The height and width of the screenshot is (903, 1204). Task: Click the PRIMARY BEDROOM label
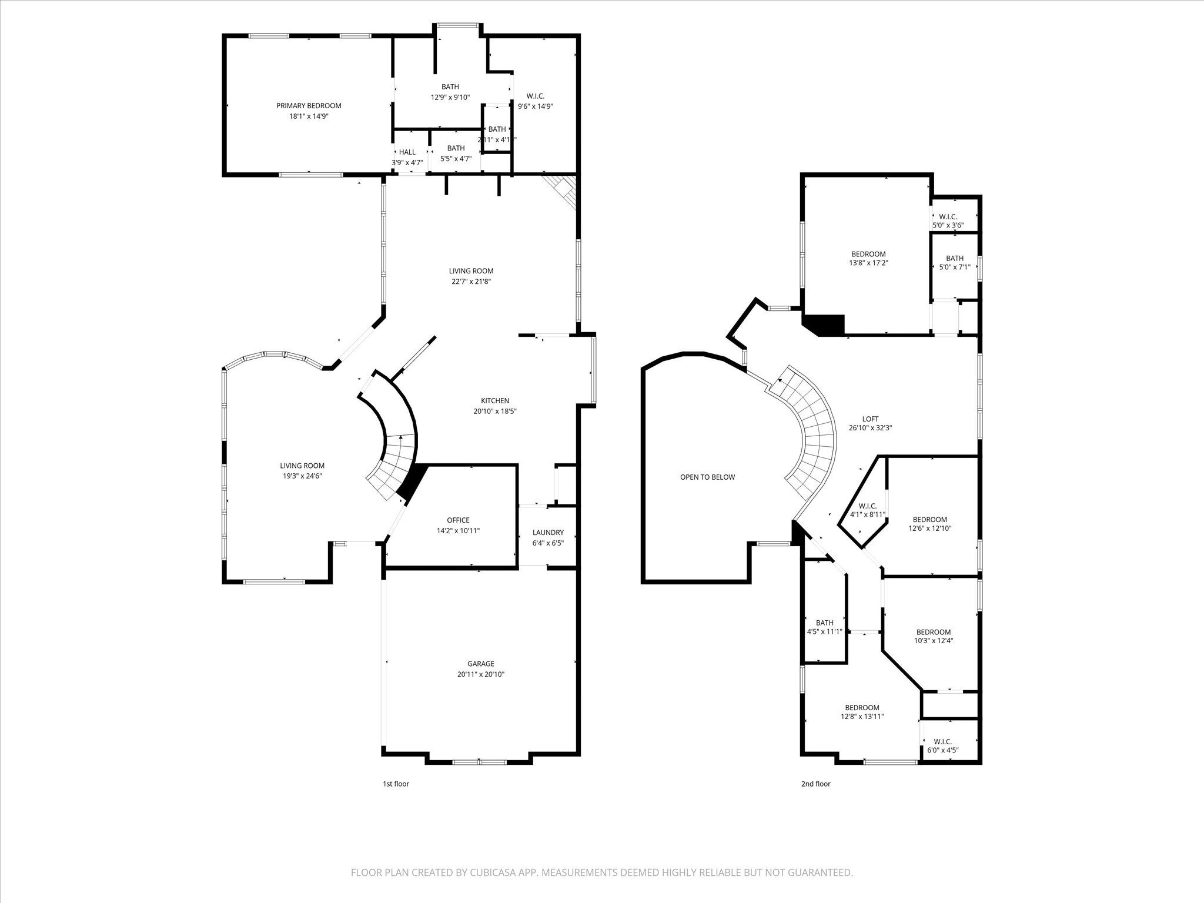(309, 106)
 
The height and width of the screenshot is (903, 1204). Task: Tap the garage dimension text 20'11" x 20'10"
(481, 674)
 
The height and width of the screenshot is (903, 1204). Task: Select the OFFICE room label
(458, 520)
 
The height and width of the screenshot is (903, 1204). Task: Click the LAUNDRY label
(548, 533)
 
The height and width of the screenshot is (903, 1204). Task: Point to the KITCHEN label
(495, 401)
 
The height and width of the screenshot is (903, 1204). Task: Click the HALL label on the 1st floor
(407, 152)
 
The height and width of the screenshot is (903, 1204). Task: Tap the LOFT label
(870, 419)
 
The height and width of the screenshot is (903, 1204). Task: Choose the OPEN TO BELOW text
(707, 477)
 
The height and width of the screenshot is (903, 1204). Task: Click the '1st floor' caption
(396, 784)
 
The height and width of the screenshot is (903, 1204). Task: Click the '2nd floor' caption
(815, 784)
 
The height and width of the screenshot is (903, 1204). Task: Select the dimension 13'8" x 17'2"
(868, 263)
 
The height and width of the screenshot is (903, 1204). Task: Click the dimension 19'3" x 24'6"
(302, 476)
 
